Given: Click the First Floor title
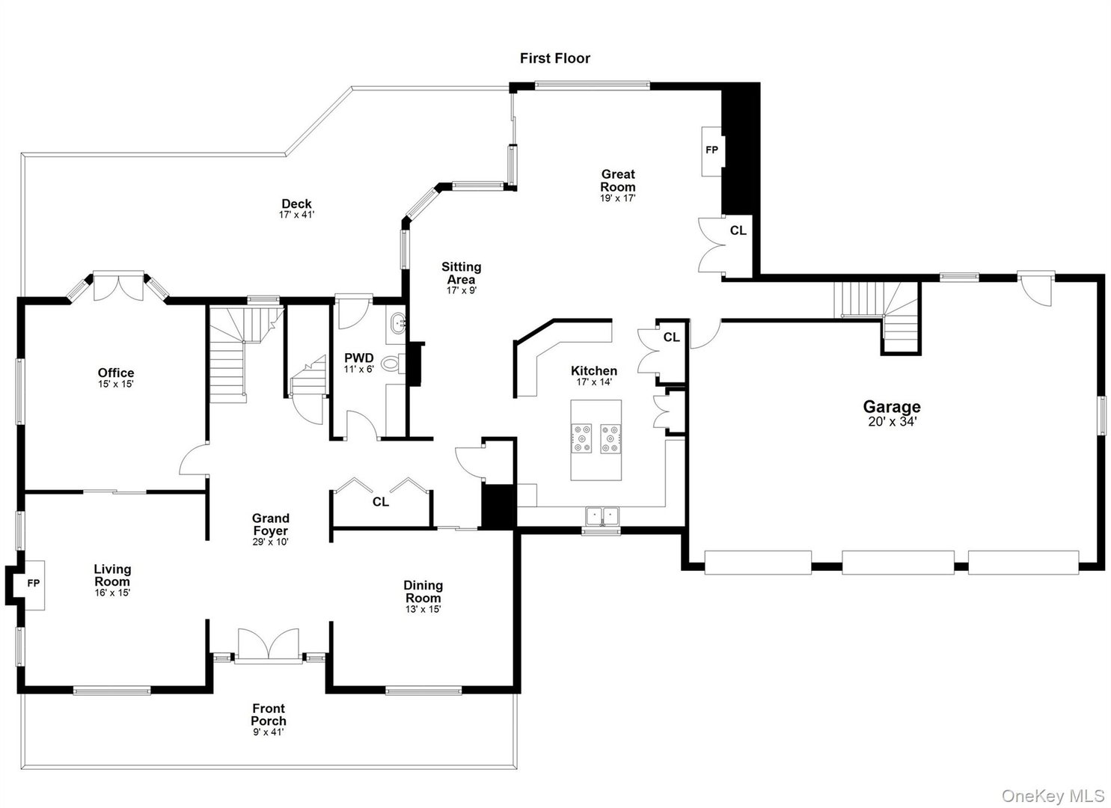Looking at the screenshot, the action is tap(555, 58).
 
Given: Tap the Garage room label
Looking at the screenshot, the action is tap(892, 407).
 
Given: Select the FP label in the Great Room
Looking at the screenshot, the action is tap(711, 150).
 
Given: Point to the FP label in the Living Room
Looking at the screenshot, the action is tap(33, 584).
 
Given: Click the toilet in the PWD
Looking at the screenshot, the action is tap(394, 364).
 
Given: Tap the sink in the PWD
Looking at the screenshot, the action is tap(397, 325).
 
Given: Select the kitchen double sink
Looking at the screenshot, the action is tap(602, 515).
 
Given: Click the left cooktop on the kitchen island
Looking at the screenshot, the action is tap(581, 438).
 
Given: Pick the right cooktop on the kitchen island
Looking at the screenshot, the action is tap(610, 438).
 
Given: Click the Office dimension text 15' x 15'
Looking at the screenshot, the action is tap(116, 384).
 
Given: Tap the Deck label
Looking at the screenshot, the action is tap(296, 203).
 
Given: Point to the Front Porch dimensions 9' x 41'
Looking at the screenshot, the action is tap(269, 732).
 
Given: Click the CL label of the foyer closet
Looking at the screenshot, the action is tap(381, 502).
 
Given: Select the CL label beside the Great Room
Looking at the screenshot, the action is tap(738, 230).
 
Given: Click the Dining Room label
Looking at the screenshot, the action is tap(423, 592).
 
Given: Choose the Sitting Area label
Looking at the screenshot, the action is tap(462, 273).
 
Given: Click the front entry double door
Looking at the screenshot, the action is tap(269, 646).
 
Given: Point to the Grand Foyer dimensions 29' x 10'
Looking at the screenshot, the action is tap(270, 542).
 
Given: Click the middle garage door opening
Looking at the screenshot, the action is tap(898, 563).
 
